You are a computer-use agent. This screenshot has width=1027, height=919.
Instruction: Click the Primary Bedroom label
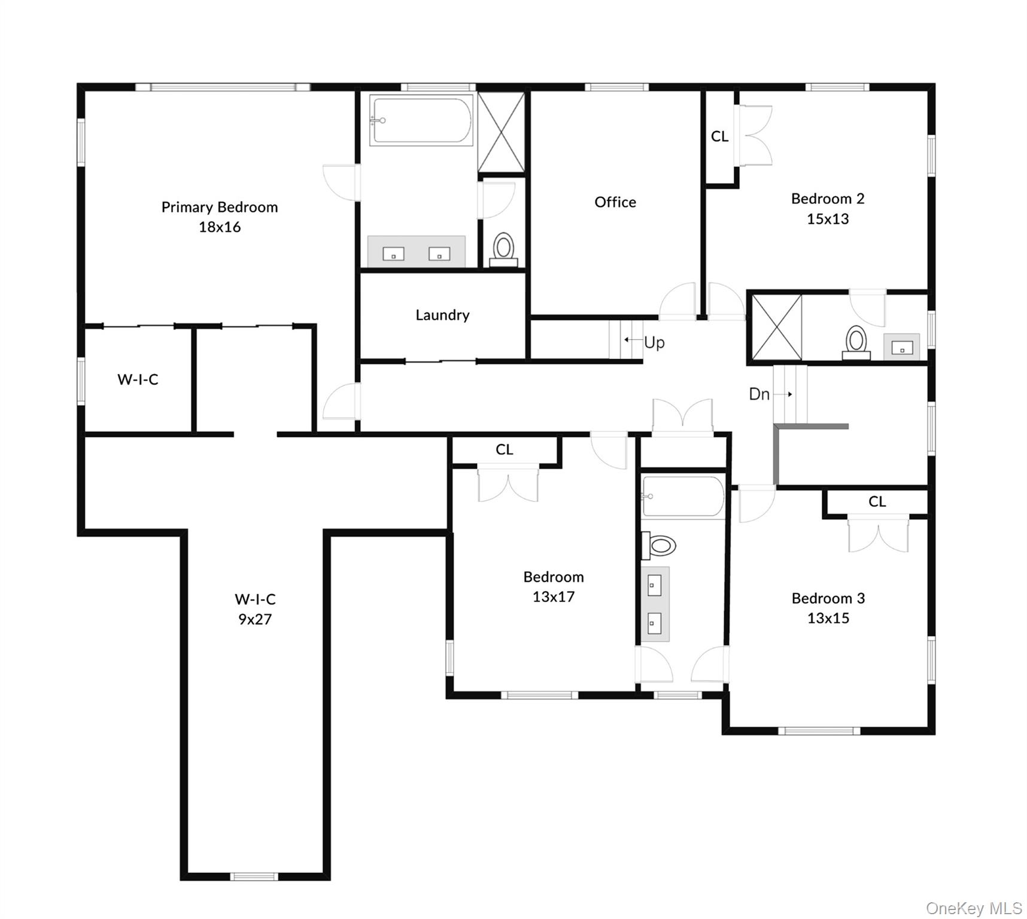(x=220, y=207)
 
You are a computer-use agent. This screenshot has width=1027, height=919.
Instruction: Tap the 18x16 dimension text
(x=220, y=227)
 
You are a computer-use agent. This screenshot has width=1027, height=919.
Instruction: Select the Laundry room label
(x=442, y=315)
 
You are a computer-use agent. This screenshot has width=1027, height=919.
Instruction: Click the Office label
(x=615, y=202)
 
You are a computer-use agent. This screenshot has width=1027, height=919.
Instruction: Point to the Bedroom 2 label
(x=828, y=199)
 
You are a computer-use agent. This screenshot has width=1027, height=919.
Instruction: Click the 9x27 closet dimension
(x=255, y=619)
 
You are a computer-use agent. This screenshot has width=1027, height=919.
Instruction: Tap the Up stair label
(x=654, y=342)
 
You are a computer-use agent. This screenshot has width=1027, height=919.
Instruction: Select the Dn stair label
(x=759, y=394)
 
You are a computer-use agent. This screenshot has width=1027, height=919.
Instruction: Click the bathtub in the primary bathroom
(x=421, y=120)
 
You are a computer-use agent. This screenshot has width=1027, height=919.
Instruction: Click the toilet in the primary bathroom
(x=503, y=249)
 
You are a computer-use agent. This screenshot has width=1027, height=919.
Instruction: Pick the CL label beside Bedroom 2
(x=719, y=136)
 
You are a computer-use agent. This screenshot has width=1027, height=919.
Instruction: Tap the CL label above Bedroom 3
(x=877, y=501)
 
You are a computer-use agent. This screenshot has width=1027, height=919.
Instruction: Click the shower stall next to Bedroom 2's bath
(x=776, y=327)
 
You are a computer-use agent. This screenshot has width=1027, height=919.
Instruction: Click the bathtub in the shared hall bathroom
(x=683, y=495)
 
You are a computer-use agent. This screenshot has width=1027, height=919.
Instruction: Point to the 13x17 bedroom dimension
(x=554, y=597)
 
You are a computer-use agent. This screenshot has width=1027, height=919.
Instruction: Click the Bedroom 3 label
(x=828, y=598)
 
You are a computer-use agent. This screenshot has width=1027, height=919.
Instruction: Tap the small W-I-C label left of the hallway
(x=138, y=379)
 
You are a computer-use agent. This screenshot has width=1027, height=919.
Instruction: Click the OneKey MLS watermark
(x=973, y=908)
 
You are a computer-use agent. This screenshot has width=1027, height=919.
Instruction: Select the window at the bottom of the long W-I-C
(x=254, y=877)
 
